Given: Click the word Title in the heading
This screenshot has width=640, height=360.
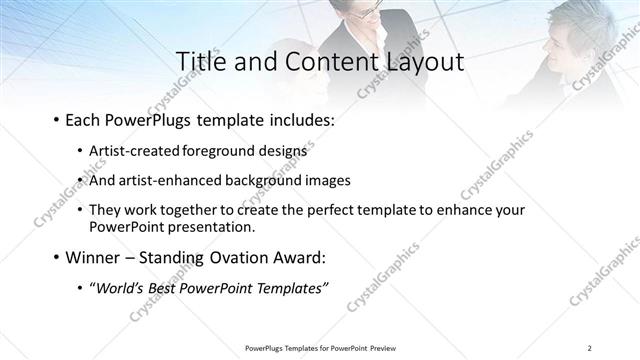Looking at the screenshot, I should pos(200,61).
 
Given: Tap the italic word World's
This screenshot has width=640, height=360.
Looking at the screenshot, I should pos(121,288).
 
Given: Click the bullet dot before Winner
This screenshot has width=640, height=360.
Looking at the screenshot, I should pos(55,258).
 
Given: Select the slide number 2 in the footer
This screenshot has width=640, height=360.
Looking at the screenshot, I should pos(589,348).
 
